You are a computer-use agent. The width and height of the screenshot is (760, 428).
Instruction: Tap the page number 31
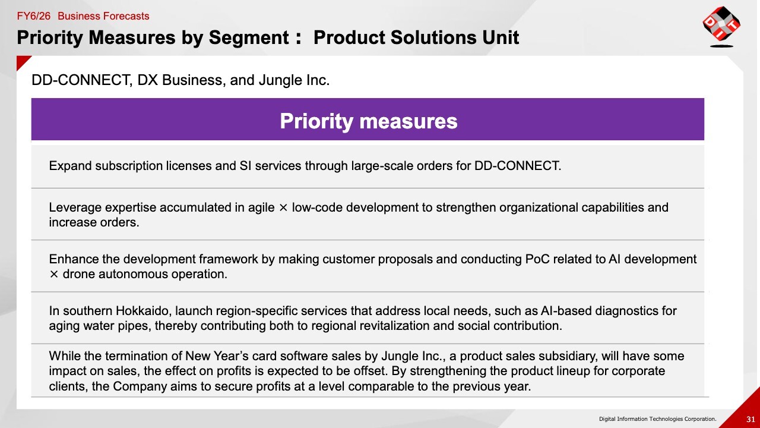(750, 419)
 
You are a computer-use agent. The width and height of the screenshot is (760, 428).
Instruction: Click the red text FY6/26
(34, 16)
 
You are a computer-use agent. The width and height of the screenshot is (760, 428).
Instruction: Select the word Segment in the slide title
(249, 37)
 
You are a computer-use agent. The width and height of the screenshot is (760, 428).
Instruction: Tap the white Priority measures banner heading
(369, 121)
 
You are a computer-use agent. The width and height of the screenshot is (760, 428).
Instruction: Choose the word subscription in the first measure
(129, 166)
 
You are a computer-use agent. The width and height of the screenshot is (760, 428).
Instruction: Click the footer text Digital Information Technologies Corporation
(657, 419)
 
